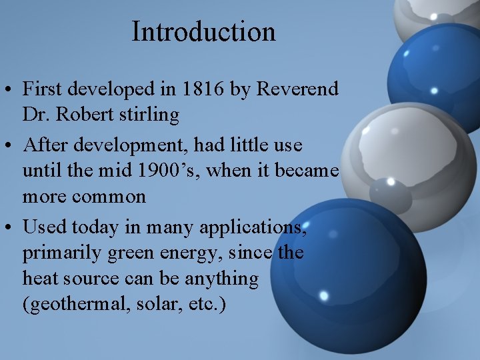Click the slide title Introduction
(203, 31)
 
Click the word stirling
(151, 115)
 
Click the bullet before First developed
(9, 89)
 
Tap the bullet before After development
(9, 145)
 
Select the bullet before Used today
(9, 227)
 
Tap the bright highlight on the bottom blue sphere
(324, 295)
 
